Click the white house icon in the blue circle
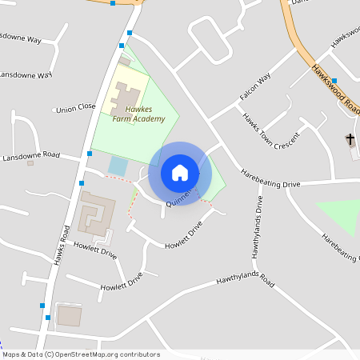(180, 172)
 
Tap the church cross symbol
(350, 141)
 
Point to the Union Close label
(75, 108)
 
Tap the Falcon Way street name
(255, 86)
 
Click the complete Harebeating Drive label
(270, 184)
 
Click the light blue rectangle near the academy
(118, 166)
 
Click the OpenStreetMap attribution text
(80, 354)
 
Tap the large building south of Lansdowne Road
(95, 212)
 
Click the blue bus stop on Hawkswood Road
(334, 80)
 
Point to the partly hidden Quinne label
(178, 200)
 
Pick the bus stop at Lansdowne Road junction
(89, 154)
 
